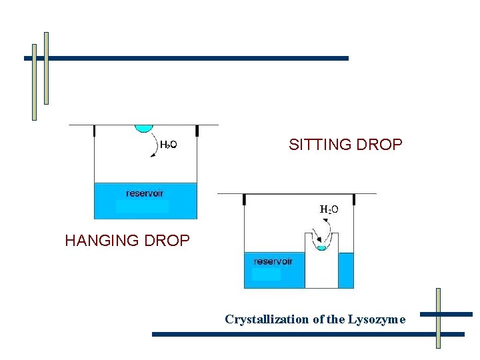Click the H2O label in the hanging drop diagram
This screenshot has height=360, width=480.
[x=168, y=145]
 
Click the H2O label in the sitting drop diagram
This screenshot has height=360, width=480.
[x=329, y=209]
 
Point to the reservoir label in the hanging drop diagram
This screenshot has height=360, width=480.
[x=145, y=193]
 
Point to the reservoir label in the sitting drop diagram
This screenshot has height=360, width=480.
[x=273, y=261]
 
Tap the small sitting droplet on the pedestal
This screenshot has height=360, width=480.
[x=321, y=247]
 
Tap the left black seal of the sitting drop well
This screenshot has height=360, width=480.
[x=245, y=199]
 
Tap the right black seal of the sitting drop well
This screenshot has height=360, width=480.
[x=353, y=199]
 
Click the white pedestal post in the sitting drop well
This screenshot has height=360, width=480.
[x=322, y=270]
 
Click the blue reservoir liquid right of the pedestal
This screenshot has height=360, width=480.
[x=346, y=270]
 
